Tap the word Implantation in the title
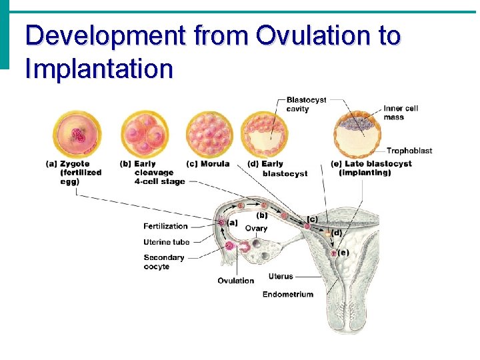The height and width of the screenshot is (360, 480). coord(99,68)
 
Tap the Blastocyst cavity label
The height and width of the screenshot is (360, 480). coord(306,104)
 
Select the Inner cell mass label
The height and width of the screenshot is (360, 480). coord(401,113)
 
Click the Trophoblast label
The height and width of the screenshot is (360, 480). coord(409,151)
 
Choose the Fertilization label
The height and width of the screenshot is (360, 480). coord(165,226)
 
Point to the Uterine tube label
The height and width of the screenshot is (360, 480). coord(166,242)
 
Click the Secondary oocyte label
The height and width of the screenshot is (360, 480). coord(163,262)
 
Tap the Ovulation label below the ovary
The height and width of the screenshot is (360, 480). coord(235,281)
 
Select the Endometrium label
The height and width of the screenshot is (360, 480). coord(287,295)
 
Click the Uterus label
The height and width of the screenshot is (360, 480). coord(280,276)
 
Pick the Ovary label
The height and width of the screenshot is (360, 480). coord(256,228)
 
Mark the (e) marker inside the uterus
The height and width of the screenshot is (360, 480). coord(343,252)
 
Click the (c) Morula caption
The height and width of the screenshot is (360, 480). coord(208,163)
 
